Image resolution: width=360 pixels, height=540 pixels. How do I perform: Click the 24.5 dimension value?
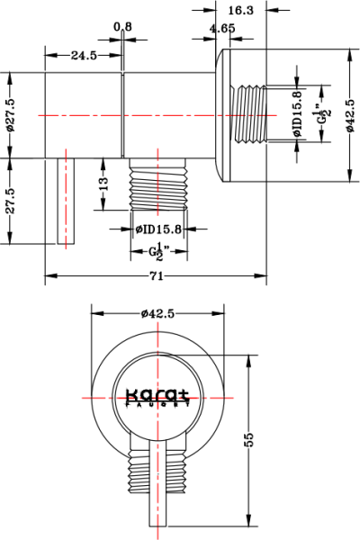coord(84,56)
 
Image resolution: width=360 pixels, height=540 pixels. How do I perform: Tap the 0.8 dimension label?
coord(123,26)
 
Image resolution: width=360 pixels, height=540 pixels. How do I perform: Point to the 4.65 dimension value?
coord(222,29)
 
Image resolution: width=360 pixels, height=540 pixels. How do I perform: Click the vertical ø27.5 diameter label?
coord(11,116)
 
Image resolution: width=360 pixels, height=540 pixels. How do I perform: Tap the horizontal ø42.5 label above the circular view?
coord(157,313)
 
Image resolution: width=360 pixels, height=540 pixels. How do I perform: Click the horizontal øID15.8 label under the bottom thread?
coord(159,229)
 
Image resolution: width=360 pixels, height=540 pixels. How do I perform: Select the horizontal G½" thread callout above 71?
coord(160,252)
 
